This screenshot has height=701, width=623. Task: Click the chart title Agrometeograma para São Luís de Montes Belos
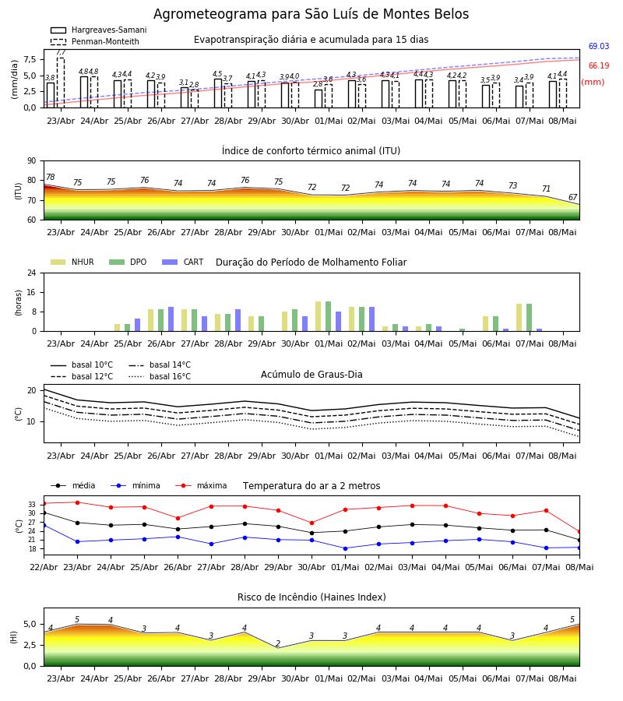point(311,14)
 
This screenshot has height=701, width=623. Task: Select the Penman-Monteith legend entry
point(95,41)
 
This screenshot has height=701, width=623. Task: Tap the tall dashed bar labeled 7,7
point(60,83)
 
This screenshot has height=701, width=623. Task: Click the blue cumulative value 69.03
point(598,46)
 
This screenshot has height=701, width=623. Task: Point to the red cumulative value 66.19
point(598,65)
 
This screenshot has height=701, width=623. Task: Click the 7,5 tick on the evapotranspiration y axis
point(30,59)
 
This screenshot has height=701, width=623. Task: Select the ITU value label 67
point(572,197)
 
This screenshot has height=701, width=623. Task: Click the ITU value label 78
point(51,177)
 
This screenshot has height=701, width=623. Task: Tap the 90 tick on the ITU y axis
point(32,161)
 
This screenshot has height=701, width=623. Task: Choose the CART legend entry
point(183,262)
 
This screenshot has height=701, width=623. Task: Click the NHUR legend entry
point(72,262)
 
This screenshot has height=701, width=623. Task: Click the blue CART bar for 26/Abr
point(171,319)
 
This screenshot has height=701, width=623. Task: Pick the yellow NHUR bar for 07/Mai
point(519,318)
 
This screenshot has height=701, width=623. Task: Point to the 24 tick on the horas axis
point(32,273)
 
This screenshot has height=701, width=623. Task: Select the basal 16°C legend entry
point(160,376)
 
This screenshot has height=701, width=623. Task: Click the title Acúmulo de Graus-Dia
point(311,375)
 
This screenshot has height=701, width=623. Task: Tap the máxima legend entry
point(201,485)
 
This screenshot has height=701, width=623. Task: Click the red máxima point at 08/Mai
point(579,532)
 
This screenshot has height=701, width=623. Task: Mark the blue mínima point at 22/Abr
point(44,525)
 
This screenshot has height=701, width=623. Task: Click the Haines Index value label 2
point(278,643)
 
